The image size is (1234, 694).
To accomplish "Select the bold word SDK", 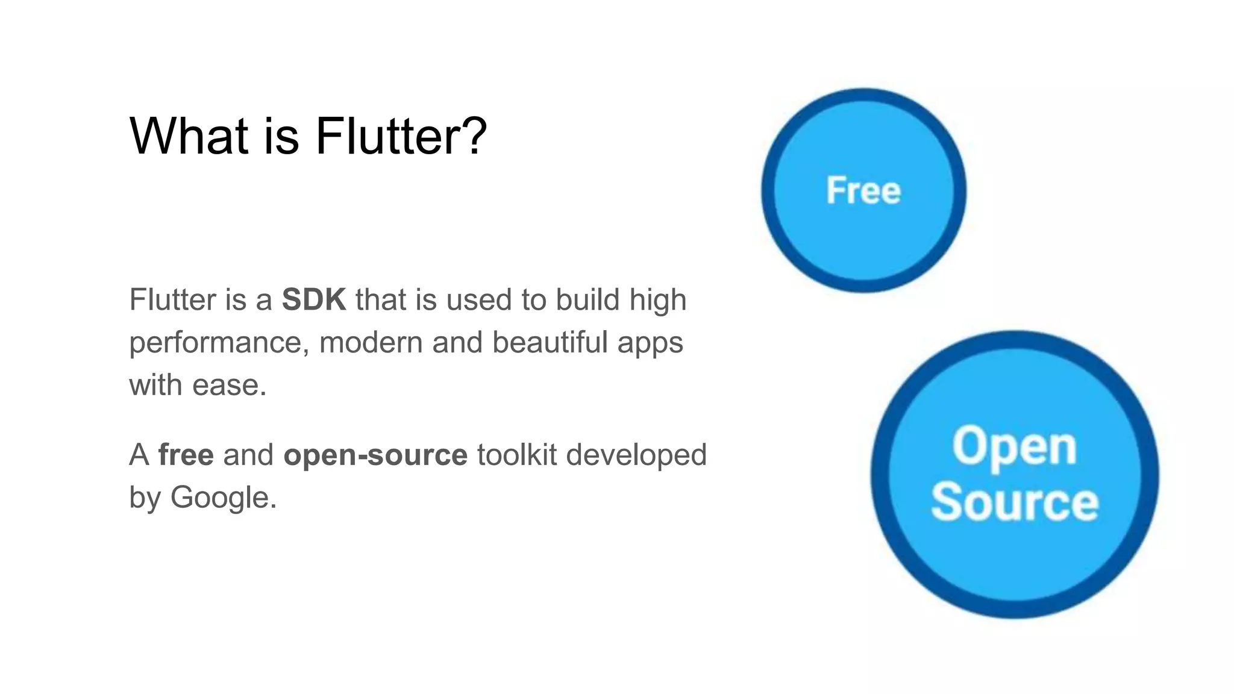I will [314, 299].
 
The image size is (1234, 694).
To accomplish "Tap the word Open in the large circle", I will [1014, 447].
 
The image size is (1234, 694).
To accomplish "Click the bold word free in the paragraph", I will [186, 455].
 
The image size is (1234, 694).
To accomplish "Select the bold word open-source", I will [375, 455].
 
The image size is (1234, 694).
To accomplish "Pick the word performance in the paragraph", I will [215, 343].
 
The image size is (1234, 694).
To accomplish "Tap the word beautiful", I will [550, 342].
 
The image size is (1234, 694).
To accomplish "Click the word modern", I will [371, 342].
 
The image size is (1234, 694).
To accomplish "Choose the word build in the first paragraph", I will [587, 299].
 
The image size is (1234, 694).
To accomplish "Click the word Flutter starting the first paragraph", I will [172, 299].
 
